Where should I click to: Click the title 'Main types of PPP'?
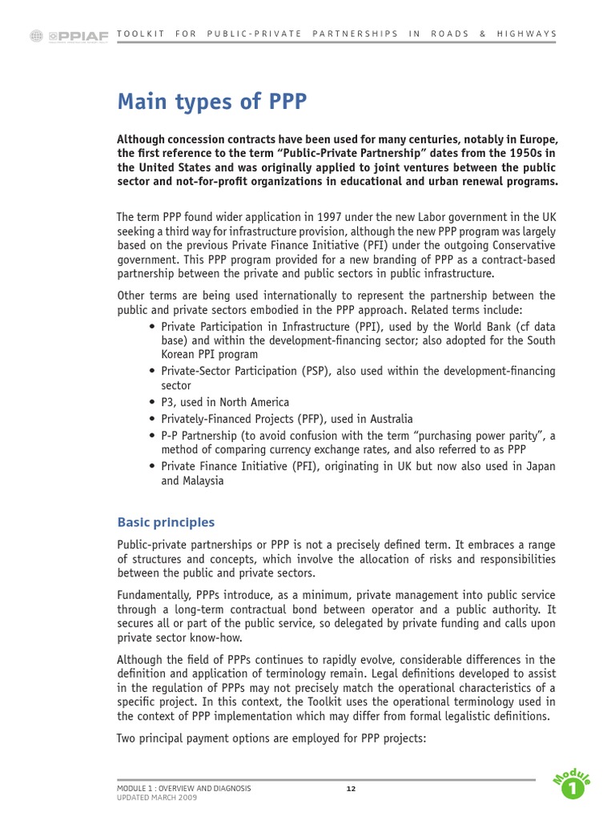tap(212, 102)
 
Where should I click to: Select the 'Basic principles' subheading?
tap(166, 522)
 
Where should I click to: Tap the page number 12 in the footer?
tap(351, 789)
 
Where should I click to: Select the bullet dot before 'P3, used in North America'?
tap(152, 403)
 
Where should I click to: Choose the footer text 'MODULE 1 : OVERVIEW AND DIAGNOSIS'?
tap(183, 789)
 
